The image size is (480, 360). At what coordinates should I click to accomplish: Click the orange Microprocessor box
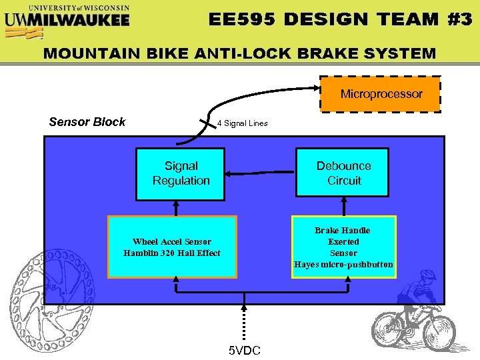(x=381, y=94)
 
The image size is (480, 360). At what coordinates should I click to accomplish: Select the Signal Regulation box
(x=181, y=173)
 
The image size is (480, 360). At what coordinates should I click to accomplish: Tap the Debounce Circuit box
(x=343, y=173)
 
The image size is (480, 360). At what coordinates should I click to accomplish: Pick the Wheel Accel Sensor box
(x=172, y=247)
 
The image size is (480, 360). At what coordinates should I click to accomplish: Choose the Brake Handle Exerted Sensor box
(x=343, y=247)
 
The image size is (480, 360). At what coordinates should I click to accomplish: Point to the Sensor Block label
(x=87, y=121)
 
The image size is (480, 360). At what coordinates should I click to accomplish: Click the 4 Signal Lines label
(x=243, y=123)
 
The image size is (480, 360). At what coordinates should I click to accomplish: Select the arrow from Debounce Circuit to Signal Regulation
(x=260, y=175)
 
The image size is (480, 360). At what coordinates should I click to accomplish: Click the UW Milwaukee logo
(x=67, y=16)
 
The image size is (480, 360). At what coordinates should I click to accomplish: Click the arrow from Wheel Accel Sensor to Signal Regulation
(x=176, y=208)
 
